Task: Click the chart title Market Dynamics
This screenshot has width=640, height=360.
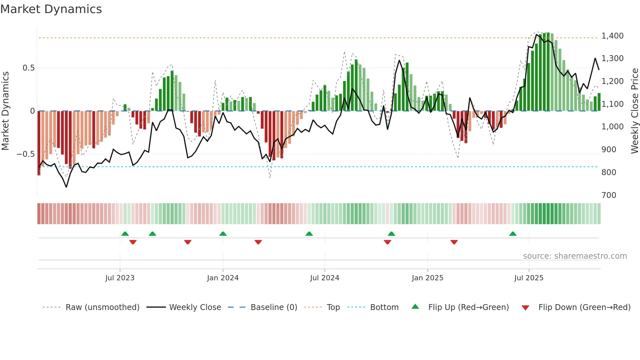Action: click(51, 9)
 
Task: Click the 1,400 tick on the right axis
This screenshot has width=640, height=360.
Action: click(612, 36)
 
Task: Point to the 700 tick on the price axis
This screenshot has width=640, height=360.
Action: click(609, 195)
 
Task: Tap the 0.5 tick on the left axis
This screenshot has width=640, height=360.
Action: click(28, 68)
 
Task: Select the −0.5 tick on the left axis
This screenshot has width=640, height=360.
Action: click(26, 154)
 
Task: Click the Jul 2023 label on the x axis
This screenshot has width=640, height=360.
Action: click(120, 278)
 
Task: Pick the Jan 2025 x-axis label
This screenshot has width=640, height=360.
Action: click(427, 278)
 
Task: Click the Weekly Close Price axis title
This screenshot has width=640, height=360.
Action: click(634, 111)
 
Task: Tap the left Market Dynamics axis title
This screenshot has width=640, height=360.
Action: click(5, 111)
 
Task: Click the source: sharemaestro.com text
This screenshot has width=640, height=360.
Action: click(575, 256)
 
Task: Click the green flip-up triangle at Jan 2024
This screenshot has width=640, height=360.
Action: click(223, 234)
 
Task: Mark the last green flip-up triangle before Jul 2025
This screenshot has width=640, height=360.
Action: click(513, 234)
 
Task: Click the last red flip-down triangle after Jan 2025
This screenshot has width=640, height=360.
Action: click(454, 242)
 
